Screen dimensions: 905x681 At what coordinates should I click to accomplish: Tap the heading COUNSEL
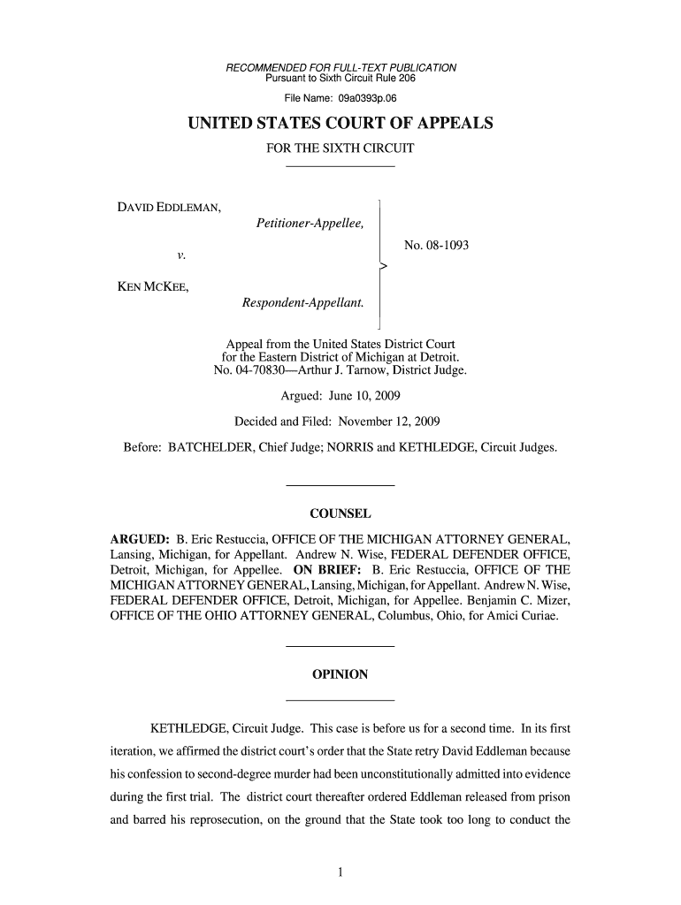click(340, 514)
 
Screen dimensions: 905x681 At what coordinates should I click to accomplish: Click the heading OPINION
click(340, 674)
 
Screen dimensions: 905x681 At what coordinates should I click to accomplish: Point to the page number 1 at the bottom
click(340, 874)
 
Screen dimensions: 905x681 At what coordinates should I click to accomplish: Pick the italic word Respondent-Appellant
click(303, 303)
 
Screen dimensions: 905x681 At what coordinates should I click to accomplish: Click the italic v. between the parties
click(180, 255)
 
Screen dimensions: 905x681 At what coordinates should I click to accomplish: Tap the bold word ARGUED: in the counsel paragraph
click(139, 537)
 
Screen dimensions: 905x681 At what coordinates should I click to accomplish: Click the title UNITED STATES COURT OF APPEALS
click(340, 125)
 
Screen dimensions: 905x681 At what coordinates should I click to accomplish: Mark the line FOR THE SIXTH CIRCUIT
click(340, 148)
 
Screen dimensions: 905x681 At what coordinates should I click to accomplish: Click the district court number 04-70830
click(259, 369)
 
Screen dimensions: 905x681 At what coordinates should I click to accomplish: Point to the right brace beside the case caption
click(381, 263)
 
